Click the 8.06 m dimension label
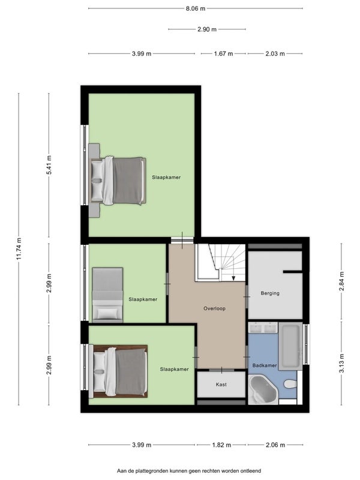196,8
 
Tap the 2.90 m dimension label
207,29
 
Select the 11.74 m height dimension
19,249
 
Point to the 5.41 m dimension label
49,165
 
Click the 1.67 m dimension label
223,54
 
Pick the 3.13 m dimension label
342,363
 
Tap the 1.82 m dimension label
221,445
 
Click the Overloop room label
215,308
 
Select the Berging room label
270,293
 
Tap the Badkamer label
265,365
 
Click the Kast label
221,385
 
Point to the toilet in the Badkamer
290,384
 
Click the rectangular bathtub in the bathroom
290,346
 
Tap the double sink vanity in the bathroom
263,328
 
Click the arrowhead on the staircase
233,278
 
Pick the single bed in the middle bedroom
107,295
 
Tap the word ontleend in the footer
250,471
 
